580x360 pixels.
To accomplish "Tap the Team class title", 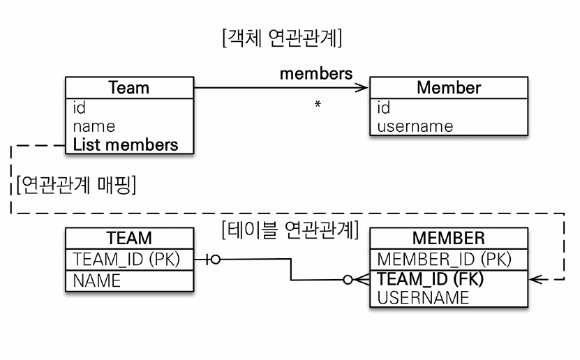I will pyautogui.click(x=129, y=88).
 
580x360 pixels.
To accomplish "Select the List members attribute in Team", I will pyautogui.click(x=126, y=145).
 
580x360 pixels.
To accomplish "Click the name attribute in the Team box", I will pyautogui.click(x=94, y=127).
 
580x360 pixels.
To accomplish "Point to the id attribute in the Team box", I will pyautogui.click(x=80, y=108).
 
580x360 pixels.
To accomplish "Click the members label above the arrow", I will pyautogui.click(x=315, y=73).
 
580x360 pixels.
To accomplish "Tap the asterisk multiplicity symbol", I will pyautogui.click(x=318, y=105).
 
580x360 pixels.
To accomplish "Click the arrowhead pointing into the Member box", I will pyautogui.click(x=362, y=88).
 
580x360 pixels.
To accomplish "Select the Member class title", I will pyautogui.click(x=448, y=88).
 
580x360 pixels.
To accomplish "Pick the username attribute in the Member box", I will pyautogui.click(x=415, y=127).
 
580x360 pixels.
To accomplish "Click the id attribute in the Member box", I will pyautogui.click(x=384, y=108).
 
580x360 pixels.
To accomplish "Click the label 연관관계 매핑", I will pyautogui.click(x=75, y=186).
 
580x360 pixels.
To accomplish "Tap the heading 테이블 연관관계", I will pyautogui.click(x=290, y=228).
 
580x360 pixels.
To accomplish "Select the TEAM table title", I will pyautogui.click(x=129, y=238).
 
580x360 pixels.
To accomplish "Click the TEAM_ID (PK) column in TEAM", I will pyautogui.click(x=126, y=260).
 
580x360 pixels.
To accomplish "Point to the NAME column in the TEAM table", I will pyautogui.click(x=97, y=280).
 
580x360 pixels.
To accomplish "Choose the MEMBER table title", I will pyautogui.click(x=448, y=238).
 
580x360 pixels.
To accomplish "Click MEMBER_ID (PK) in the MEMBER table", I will pyautogui.click(x=445, y=260).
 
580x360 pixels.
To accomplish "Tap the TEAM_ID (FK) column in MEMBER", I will pyautogui.click(x=431, y=279).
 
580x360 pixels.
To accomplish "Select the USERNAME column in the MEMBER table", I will pyautogui.click(x=424, y=298).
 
